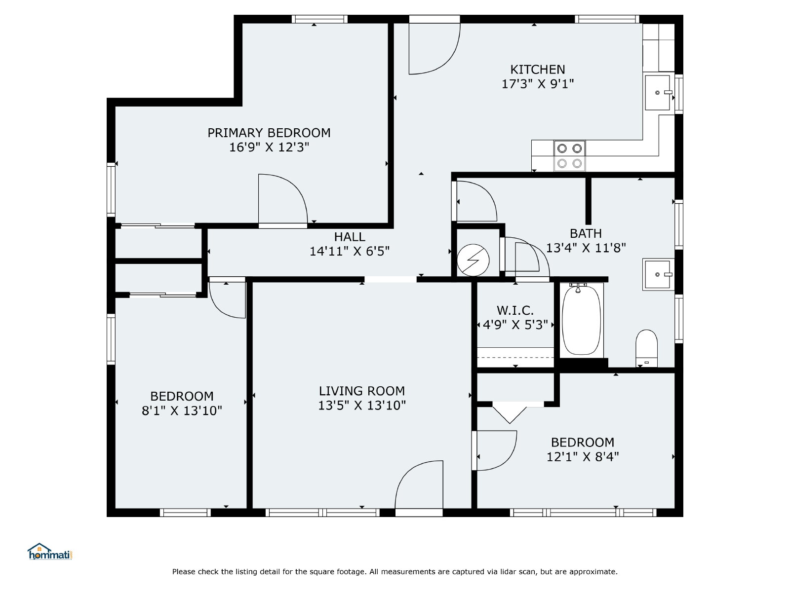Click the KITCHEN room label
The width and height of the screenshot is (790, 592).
point(537,70)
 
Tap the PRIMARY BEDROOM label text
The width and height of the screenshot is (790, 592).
point(269,133)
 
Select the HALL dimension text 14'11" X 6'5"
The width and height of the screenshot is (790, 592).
point(350,251)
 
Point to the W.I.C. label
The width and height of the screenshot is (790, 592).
point(515,310)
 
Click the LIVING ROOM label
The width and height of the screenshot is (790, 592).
point(362,391)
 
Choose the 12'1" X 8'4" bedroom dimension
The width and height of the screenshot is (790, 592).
point(583,456)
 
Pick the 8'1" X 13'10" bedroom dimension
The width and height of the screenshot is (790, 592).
point(182,410)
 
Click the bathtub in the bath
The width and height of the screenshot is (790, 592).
point(581,320)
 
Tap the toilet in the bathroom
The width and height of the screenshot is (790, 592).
point(646,348)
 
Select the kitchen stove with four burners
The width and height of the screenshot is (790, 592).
point(569,155)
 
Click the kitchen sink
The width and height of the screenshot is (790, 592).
point(657,93)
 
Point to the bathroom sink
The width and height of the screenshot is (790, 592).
point(658,274)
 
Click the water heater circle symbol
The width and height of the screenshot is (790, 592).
point(473,260)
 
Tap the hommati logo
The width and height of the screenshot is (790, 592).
point(50,552)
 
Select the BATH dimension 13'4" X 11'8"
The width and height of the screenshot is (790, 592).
point(586,248)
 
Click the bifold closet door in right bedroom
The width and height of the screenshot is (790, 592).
point(510,414)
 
